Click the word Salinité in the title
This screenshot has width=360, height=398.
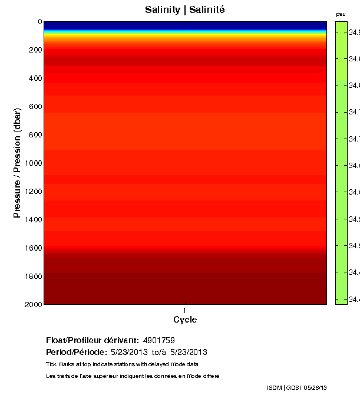coord(207,10)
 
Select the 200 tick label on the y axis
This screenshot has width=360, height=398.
coord(35,50)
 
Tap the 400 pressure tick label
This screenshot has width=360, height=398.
coord(35,78)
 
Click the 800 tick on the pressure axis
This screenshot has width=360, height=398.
coord(35,135)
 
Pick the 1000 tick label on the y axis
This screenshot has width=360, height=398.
coord(33,163)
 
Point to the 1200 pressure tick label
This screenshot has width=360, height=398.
coord(33,192)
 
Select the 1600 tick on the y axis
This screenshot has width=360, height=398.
coord(33,248)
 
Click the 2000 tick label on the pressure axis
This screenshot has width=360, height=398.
coord(33,304)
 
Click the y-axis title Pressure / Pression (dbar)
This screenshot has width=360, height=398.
coord(18,163)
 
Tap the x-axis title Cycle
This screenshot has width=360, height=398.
coord(185,320)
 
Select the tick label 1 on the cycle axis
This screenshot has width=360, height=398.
coord(185,310)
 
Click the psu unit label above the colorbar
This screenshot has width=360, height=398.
coord(341,14)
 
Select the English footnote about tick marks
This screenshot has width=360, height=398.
coord(122,364)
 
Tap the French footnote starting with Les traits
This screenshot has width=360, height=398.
coord(133,376)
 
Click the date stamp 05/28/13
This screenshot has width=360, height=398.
coord(315,387)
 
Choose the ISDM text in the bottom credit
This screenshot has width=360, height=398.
coord(275,387)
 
